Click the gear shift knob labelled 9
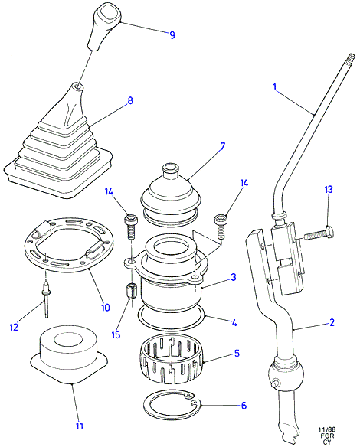[104, 27]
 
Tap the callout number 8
[130, 100]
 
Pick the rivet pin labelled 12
[46, 299]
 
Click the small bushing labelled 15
[132, 292]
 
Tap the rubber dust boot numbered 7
[171, 194]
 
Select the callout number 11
[80, 426]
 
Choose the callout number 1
[275, 86]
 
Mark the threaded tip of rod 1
[351, 58]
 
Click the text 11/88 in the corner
[327, 429]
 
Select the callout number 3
[234, 277]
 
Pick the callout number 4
[234, 323]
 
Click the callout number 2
[332, 322]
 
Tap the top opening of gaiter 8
[76, 85]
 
